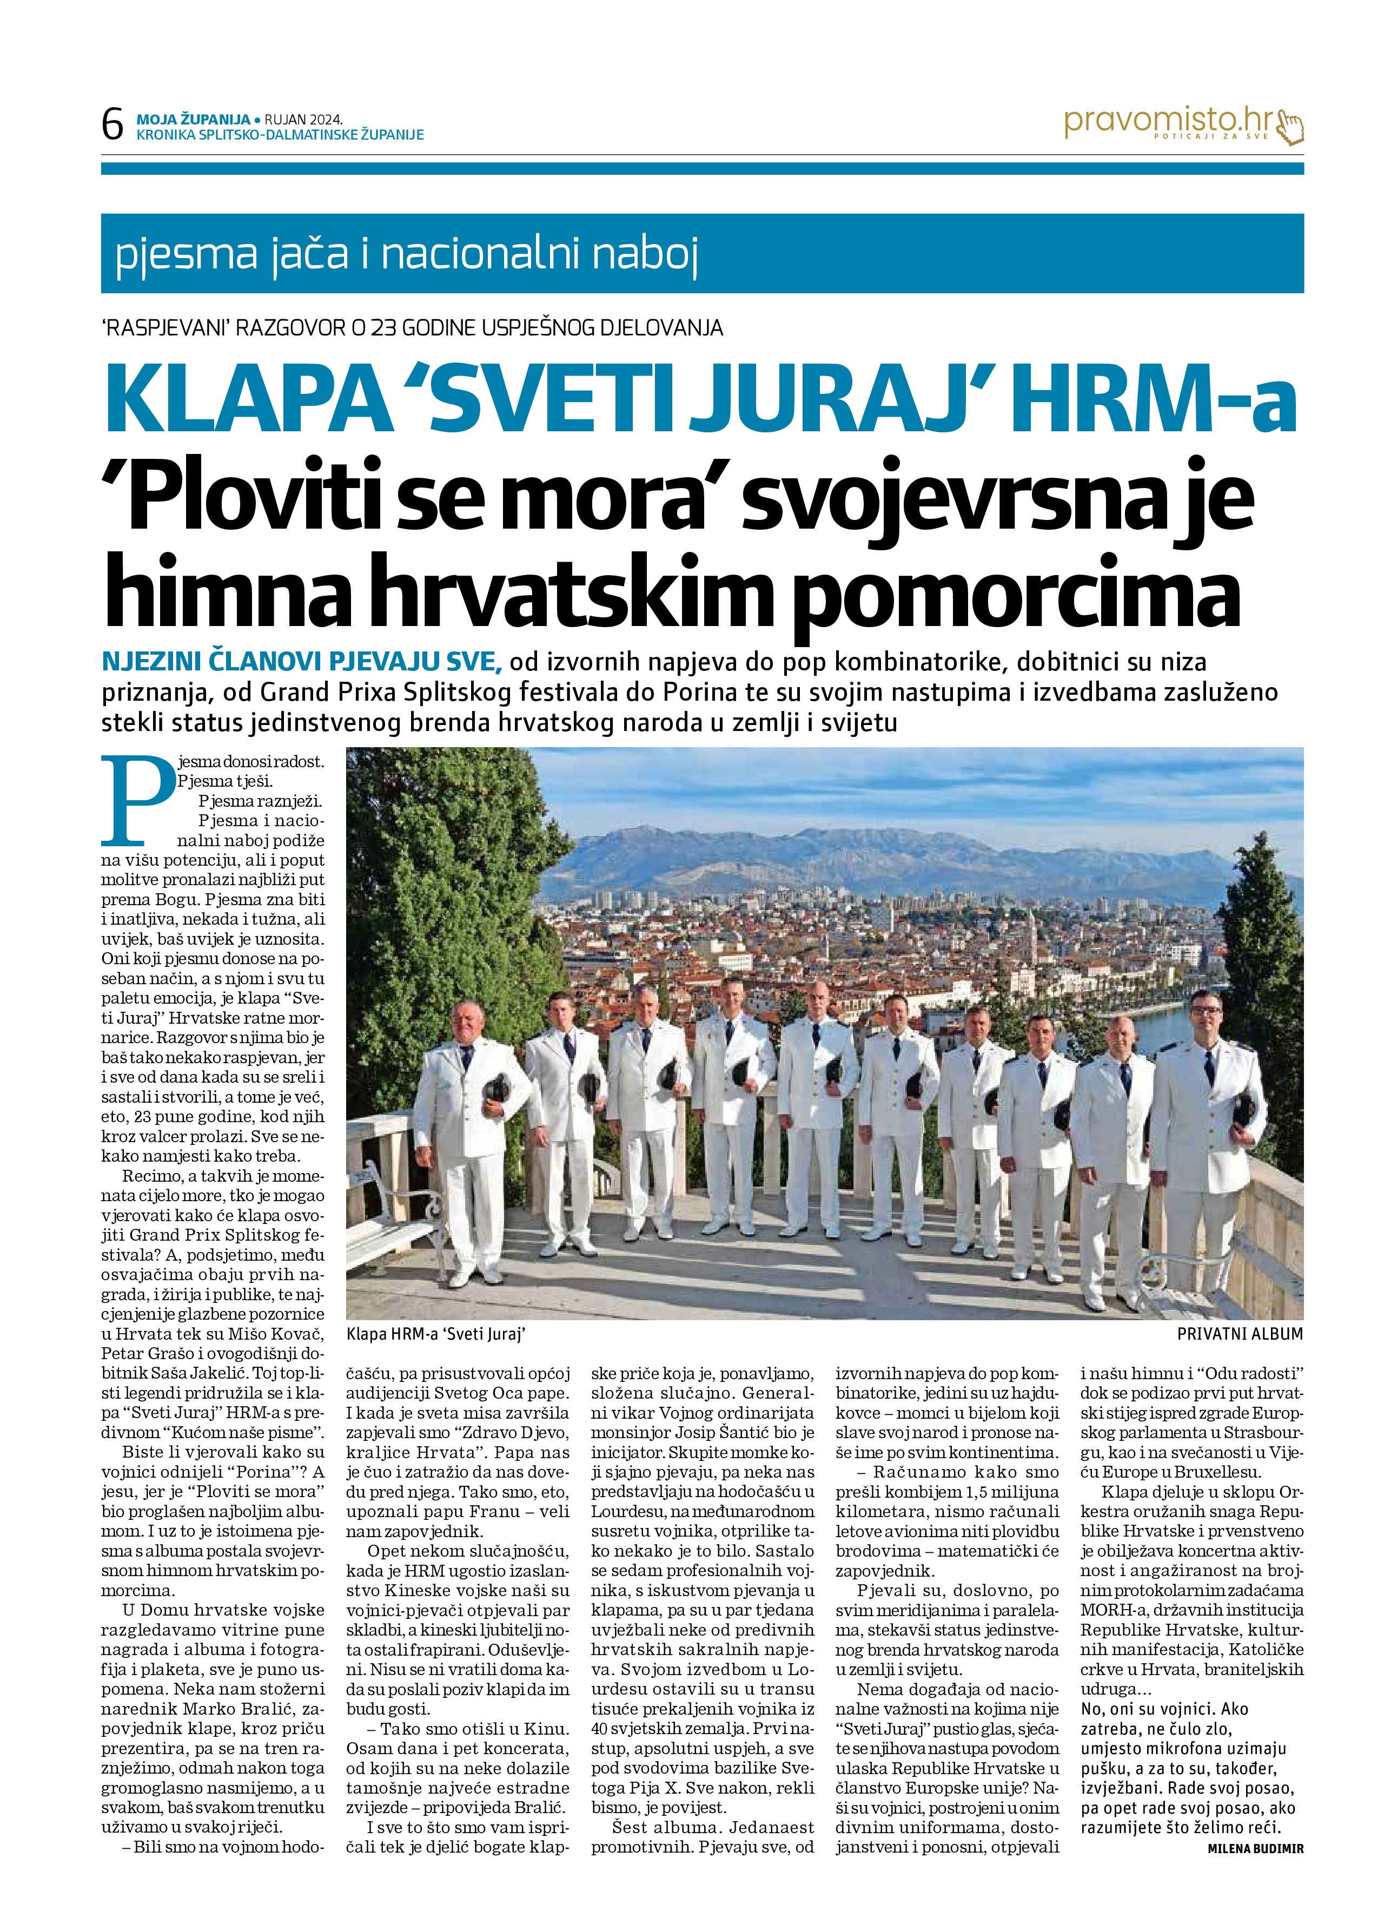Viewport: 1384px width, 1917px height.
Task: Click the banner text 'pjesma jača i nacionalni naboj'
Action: coord(406,254)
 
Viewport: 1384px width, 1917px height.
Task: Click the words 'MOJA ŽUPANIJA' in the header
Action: coord(194,120)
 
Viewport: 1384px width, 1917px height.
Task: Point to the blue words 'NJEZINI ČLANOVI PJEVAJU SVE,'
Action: coord(302,661)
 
